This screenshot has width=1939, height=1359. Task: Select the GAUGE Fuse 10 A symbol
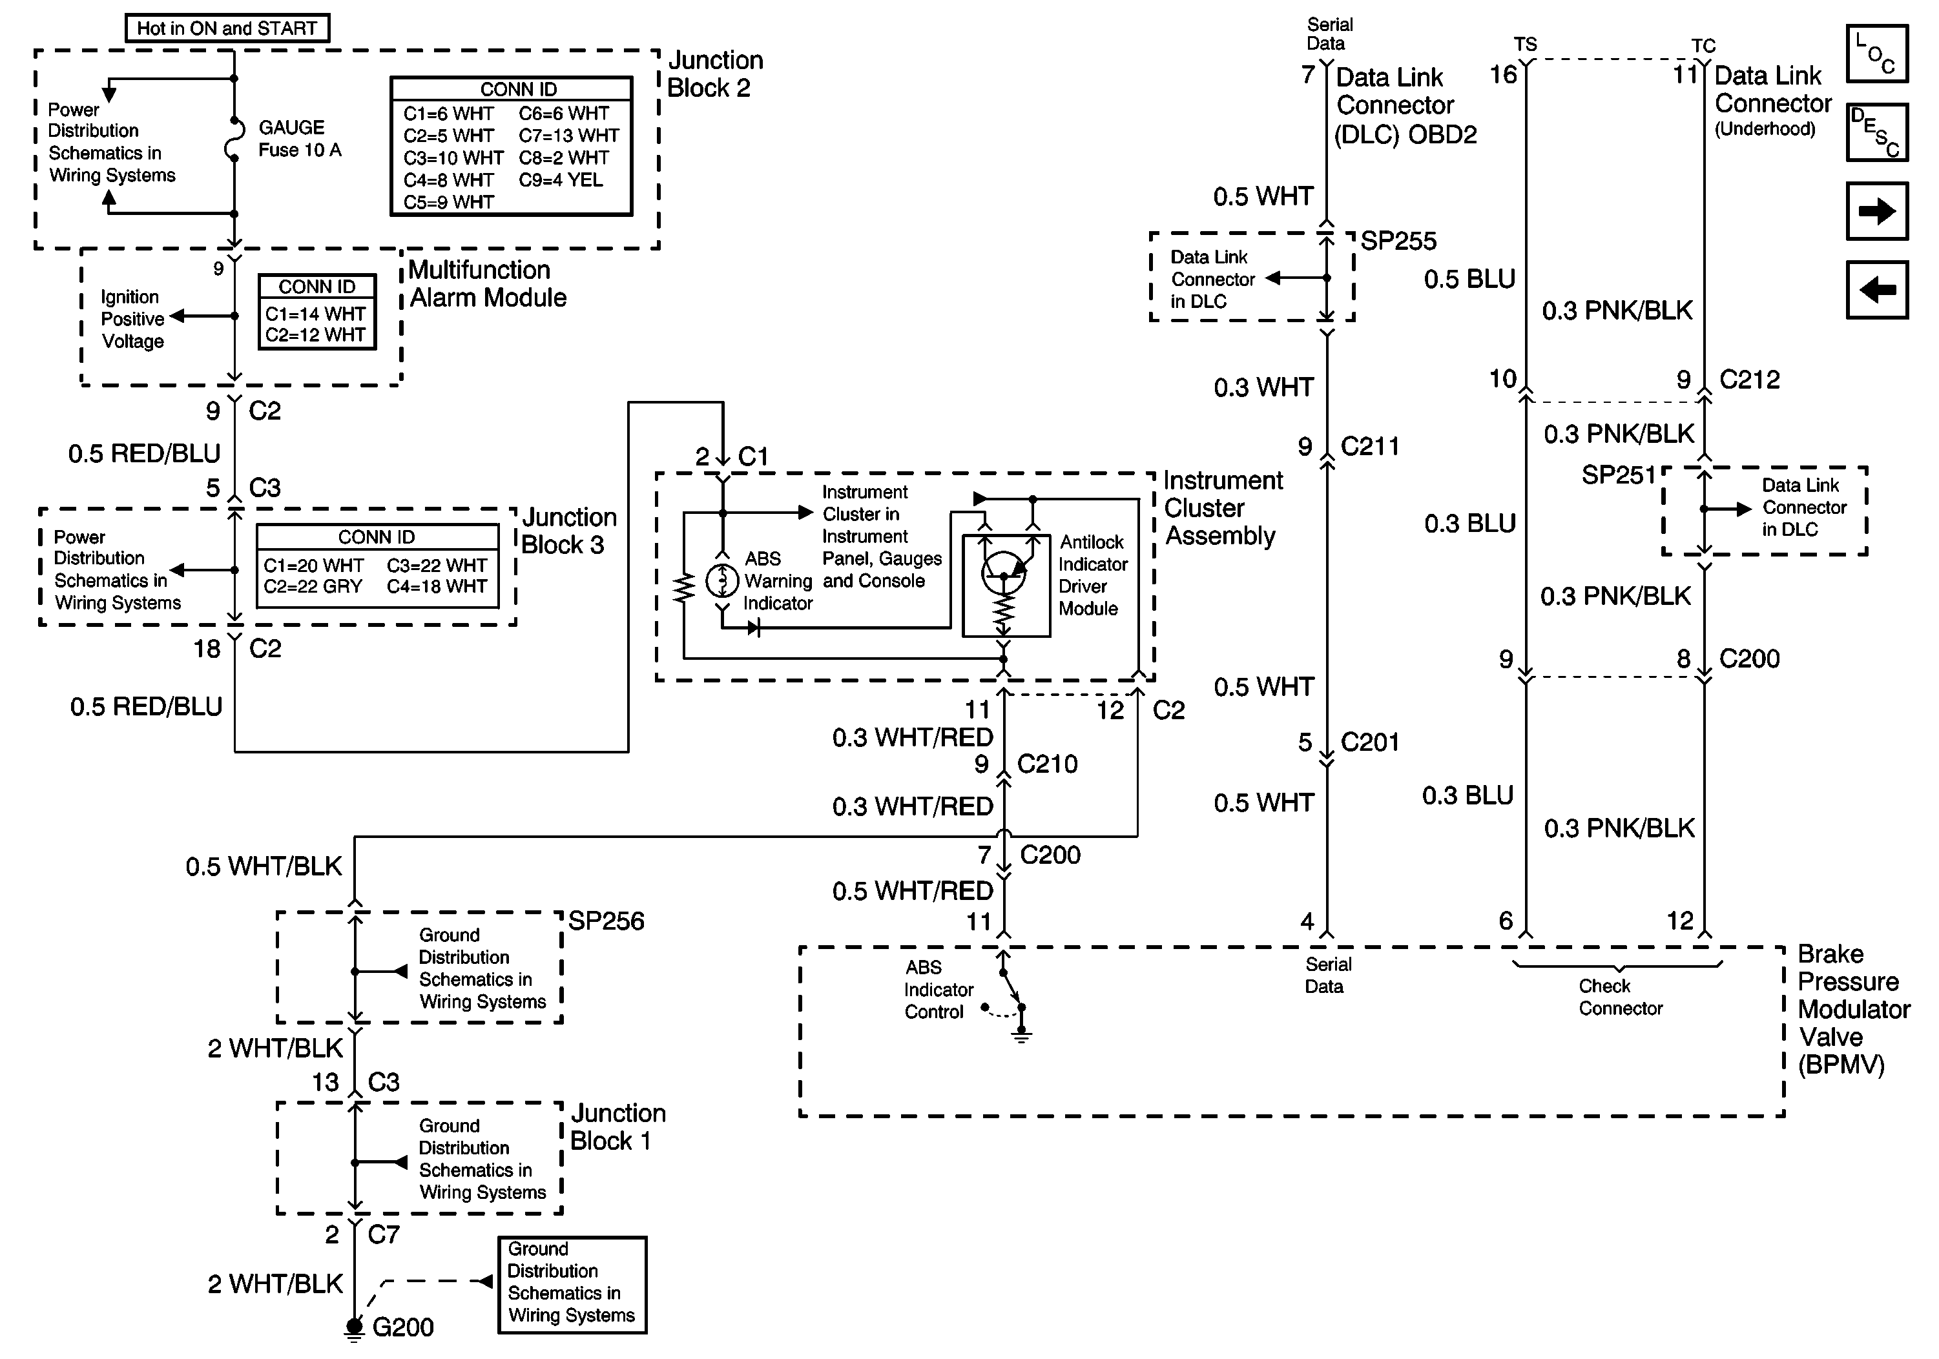(234, 139)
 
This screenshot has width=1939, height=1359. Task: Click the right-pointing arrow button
(1876, 211)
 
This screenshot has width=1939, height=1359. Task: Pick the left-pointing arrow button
(1876, 289)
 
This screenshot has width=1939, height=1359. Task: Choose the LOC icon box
(1876, 54)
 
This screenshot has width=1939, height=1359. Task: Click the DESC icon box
(1876, 132)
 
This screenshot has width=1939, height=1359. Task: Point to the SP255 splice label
(1398, 241)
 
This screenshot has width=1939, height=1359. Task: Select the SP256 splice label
(605, 921)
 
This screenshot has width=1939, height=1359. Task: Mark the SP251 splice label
(1618, 475)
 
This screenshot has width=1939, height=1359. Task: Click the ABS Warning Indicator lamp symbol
(722, 581)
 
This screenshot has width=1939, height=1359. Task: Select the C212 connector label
(1749, 380)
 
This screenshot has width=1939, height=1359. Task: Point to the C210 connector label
(1047, 764)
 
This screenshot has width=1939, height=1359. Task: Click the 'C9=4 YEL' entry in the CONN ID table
(561, 179)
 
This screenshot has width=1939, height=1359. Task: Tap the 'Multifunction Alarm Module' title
(487, 283)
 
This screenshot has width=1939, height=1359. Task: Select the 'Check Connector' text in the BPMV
(1620, 997)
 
